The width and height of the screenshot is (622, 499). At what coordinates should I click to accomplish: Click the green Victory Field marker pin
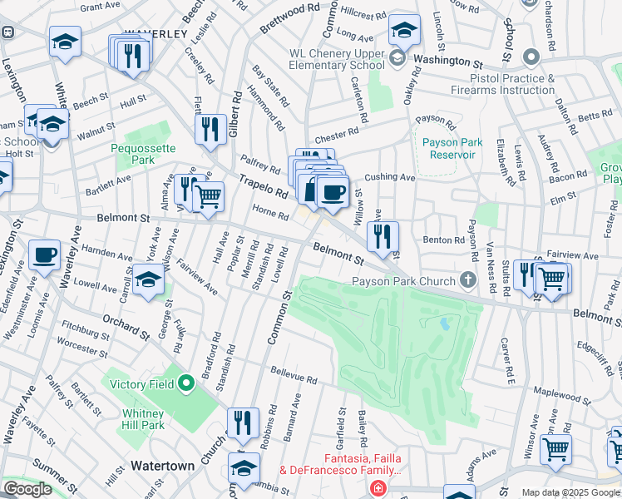pos(186,383)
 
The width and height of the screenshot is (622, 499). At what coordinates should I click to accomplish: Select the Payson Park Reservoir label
pos(452,149)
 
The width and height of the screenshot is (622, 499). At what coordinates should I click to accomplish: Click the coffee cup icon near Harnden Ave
pos(44,254)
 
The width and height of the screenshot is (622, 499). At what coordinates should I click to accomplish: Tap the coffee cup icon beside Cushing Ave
pos(333,191)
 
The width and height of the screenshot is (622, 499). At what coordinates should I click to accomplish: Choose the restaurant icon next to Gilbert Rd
pos(210,128)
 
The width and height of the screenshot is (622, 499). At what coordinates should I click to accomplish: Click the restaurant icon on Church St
pos(242,421)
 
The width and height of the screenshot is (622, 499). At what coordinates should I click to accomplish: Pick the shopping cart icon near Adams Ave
pos(555,449)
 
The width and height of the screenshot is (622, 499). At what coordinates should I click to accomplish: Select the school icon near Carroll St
pos(149,279)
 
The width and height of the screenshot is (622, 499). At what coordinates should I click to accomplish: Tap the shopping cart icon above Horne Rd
pos(208,196)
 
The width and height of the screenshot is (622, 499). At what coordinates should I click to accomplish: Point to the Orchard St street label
pos(126,327)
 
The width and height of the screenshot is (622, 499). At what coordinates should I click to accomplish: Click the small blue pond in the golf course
pos(445,323)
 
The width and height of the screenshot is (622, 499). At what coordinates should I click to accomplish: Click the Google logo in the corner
pos(27,489)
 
